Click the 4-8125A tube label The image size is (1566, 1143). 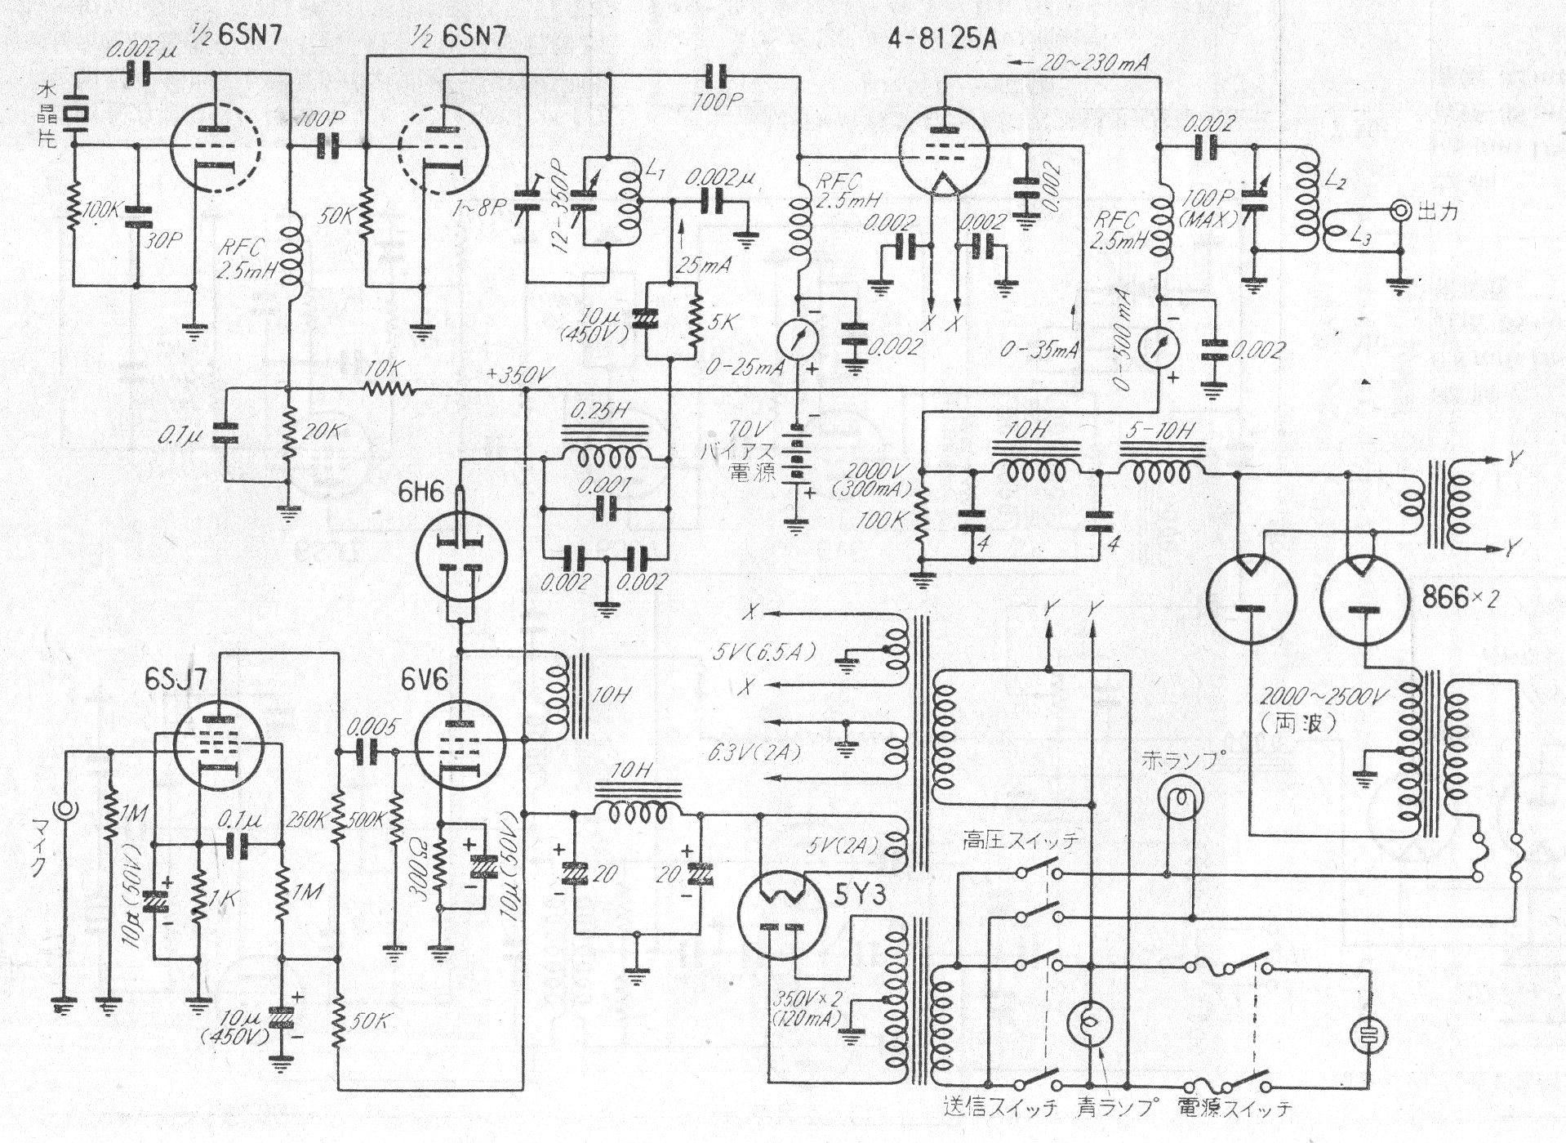pos(942,38)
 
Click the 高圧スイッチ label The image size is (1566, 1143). pos(1020,840)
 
